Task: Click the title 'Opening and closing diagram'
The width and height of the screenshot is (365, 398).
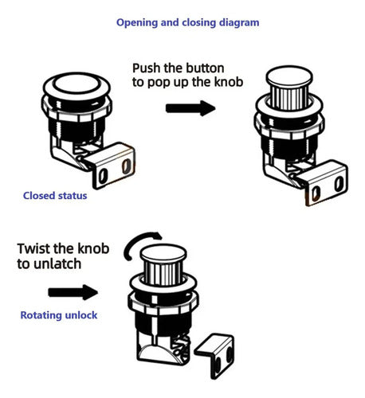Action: (x=188, y=22)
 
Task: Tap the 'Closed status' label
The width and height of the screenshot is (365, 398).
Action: (x=55, y=196)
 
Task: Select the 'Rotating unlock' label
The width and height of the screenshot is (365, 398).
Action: (x=59, y=315)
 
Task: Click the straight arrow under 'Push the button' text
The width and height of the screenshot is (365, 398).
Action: (x=190, y=108)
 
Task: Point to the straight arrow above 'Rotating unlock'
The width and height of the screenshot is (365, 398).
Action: (x=73, y=292)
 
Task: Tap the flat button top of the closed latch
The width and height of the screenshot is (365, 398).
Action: (x=77, y=84)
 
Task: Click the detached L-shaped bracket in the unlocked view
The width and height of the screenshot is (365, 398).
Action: (x=215, y=354)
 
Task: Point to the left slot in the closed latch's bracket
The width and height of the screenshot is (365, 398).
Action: (x=103, y=176)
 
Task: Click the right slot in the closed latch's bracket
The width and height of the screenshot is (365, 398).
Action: (x=127, y=166)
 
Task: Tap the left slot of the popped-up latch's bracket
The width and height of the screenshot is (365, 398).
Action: (x=316, y=193)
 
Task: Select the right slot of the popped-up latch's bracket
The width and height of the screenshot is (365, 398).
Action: (x=339, y=184)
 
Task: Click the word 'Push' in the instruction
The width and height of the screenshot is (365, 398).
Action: (x=147, y=68)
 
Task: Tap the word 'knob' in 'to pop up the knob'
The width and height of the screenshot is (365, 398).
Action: (x=229, y=82)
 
